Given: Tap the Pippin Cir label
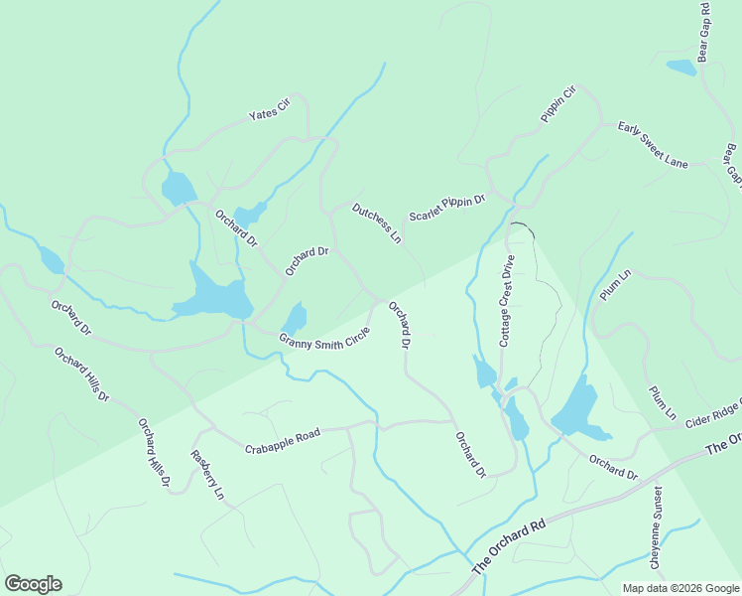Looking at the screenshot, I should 557,105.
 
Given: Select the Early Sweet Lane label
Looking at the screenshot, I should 652,145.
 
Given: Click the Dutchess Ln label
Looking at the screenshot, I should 377,223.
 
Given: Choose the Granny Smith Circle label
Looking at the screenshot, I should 324,337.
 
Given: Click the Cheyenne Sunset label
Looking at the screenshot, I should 656,540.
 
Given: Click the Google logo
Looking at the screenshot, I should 33,584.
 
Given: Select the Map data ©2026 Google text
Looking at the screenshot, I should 680,588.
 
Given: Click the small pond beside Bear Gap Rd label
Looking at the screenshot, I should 680,68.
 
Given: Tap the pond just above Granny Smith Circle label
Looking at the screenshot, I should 295,318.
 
